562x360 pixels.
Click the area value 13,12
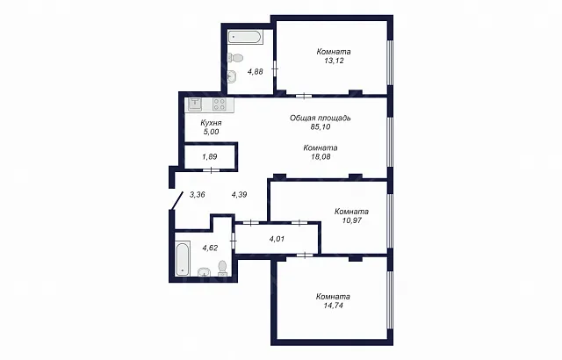334,61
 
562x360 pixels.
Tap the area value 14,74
333,306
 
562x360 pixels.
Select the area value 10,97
351,220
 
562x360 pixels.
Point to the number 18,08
321,156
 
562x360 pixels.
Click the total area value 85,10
321,126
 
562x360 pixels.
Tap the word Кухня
211,123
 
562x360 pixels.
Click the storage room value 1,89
210,156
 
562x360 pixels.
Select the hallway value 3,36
197,195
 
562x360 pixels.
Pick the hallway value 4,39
239,195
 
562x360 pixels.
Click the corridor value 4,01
277,239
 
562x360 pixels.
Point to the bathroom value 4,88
256,72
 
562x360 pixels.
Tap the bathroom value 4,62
210,248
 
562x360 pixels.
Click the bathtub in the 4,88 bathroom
246,37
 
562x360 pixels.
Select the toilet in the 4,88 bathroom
235,57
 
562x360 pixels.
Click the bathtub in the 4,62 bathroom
182,259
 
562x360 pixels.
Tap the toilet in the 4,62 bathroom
222,269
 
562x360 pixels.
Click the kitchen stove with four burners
219,104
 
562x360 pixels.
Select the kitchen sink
195,104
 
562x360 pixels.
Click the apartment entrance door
177,201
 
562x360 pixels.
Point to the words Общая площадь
320,118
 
